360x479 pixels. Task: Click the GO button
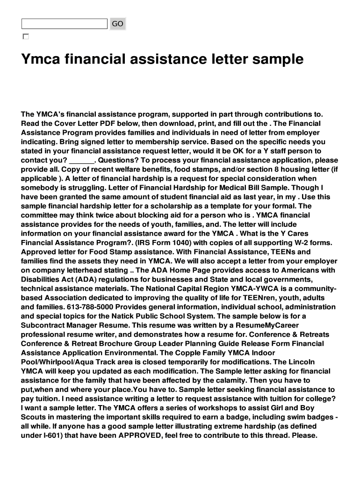pyautogui.click(x=118, y=23)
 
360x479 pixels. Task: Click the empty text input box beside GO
pyautogui.click(x=65, y=23)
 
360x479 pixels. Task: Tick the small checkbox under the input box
pyautogui.click(x=25, y=36)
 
